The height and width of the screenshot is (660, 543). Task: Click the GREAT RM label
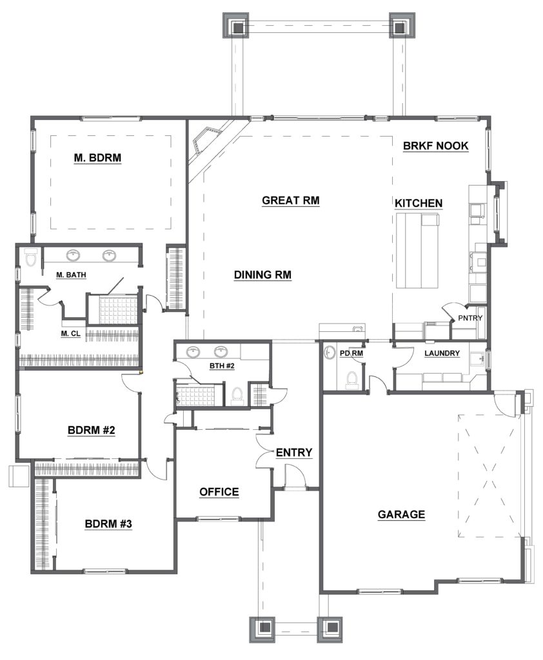(291, 200)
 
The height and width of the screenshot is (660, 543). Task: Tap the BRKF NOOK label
(435, 146)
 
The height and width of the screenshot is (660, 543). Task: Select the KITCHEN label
(419, 203)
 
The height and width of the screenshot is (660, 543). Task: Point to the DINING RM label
(262, 275)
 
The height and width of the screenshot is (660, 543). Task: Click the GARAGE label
(401, 514)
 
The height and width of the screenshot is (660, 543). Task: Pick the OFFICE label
(219, 492)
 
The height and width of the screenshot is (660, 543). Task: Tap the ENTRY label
(294, 452)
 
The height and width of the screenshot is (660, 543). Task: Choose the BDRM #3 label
(108, 524)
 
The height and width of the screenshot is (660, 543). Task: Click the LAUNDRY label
(442, 353)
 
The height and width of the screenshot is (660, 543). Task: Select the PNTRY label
(470, 318)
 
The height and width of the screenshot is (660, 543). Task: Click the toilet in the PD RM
(351, 378)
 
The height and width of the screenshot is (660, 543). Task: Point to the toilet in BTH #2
(237, 396)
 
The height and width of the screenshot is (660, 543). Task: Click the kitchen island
(417, 251)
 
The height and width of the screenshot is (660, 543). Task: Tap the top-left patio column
(236, 25)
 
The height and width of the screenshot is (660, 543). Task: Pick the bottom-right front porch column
(330, 630)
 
